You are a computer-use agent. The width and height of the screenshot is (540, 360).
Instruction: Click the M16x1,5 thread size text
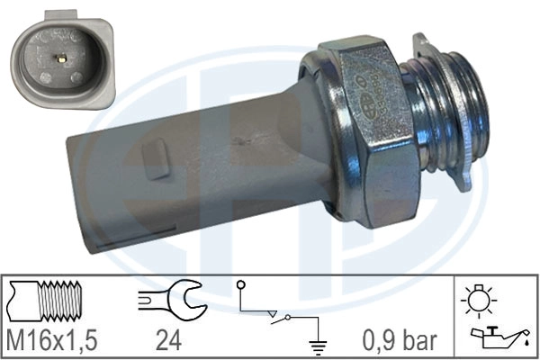pyautogui.click(x=52, y=339)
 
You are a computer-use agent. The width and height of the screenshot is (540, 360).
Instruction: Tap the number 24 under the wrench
pyautogui.click(x=168, y=339)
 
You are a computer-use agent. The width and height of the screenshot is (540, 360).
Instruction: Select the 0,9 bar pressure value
pyautogui.click(x=400, y=339)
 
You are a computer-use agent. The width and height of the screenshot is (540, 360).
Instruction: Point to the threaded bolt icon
pyautogui.click(x=46, y=300)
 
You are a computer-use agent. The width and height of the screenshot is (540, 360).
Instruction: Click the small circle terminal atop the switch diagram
pyautogui.click(x=240, y=285)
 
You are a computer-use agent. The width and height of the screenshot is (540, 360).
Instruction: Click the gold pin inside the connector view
pyautogui.click(x=60, y=58)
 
